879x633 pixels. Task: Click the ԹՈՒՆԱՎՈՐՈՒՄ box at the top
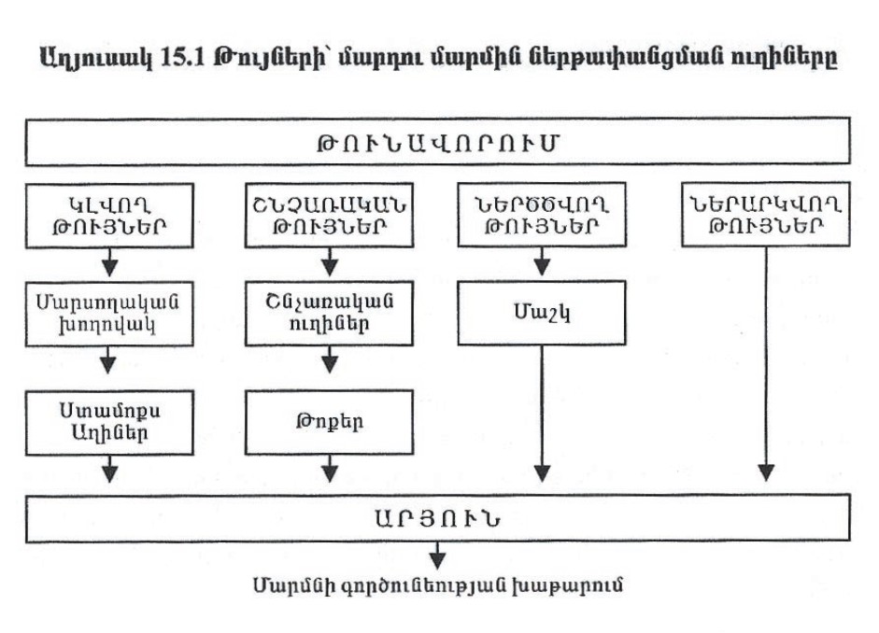(x=438, y=142)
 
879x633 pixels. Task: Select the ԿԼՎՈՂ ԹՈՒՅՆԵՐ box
(x=109, y=216)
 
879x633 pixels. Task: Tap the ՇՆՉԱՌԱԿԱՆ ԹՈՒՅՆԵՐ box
(x=329, y=215)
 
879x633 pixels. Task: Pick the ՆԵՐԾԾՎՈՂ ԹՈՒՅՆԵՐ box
(x=542, y=215)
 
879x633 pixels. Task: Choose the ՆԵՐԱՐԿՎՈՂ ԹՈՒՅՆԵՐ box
(x=766, y=215)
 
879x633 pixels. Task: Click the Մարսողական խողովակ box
(x=109, y=314)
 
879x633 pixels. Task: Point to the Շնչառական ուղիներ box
(x=329, y=313)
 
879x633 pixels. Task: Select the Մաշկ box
(x=542, y=313)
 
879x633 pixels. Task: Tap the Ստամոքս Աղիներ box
(x=109, y=422)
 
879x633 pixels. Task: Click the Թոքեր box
(x=329, y=422)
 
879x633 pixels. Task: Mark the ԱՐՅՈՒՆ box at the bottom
(x=438, y=518)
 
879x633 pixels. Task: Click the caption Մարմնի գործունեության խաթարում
(x=438, y=585)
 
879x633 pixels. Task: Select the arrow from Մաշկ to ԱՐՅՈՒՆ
(x=542, y=414)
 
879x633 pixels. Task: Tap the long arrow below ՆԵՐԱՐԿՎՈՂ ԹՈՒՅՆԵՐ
(x=766, y=364)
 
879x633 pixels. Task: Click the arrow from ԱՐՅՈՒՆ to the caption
(x=437, y=556)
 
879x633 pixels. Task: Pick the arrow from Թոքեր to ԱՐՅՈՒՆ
(x=330, y=469)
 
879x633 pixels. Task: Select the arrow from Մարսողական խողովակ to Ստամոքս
(x=107, y=359)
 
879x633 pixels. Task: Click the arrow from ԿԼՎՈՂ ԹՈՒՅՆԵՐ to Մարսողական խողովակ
(x=110, y=262)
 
